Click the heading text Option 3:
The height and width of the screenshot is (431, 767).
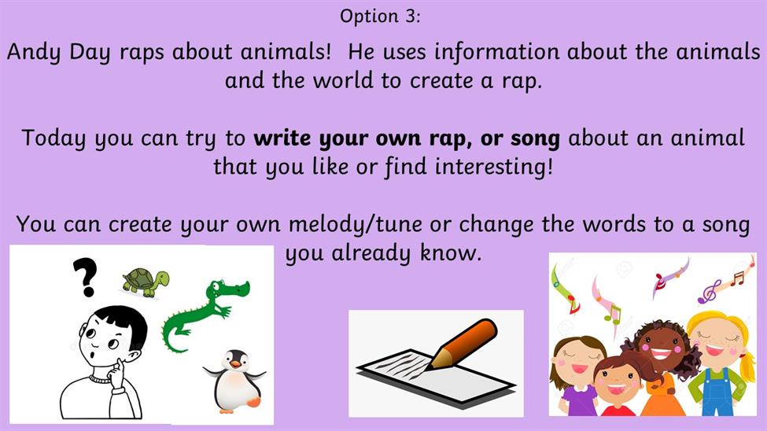[380, 17]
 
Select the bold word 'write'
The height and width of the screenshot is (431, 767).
[282, 138]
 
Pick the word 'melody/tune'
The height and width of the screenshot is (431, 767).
[355, 226]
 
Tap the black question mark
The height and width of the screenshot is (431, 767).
[85, 277]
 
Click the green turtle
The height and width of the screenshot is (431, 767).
[146, 282]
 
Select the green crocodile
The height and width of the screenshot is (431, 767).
[205, 313]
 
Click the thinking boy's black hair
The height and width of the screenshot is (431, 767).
[124, 324]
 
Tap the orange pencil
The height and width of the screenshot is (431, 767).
[463, 344]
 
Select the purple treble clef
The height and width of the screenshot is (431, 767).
[710, 292]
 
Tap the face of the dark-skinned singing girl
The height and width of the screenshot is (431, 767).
[660, 348]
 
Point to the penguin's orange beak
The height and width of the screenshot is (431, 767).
[236, 363]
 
